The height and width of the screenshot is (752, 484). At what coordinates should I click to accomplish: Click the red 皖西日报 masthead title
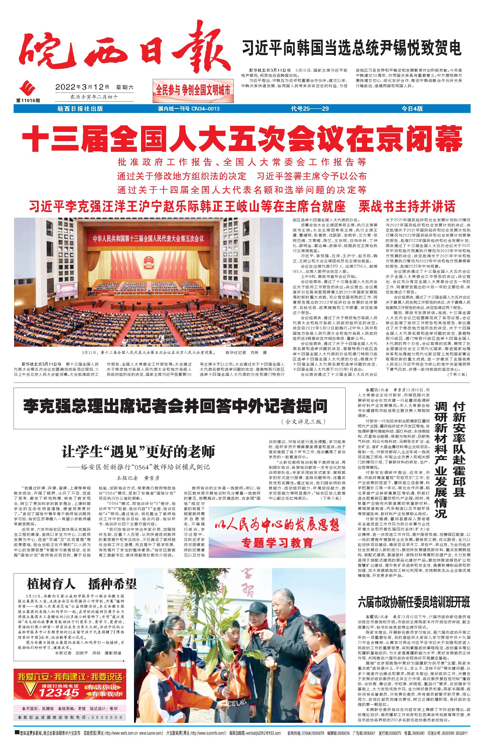tap(123, 50)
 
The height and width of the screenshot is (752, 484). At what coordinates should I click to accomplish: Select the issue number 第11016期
tap(28, 100)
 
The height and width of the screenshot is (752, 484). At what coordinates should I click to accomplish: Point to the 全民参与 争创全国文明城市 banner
tap(193, 91)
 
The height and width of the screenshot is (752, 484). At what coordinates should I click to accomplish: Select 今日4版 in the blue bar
tap(412, 109)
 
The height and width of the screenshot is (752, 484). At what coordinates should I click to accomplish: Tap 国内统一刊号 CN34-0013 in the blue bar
tap(188, 109)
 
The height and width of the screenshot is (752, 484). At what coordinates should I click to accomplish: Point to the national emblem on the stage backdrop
tap(147, 261)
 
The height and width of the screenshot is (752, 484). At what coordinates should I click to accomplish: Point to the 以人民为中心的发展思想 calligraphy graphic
tap(277, 525)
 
